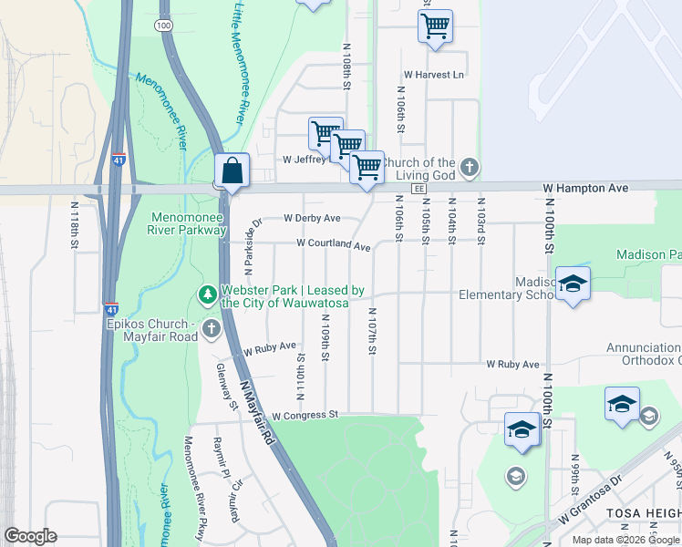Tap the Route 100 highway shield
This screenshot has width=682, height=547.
(164, 26)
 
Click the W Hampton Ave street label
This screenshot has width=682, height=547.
(585, 188)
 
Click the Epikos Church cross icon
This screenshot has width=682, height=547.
(212, 327)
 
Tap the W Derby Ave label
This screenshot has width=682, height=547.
(312, 218)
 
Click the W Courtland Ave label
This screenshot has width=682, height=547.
(333, 246)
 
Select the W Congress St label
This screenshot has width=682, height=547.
(305, 415)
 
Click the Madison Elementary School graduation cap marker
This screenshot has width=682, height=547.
(573, 284)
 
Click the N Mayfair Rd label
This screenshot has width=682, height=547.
(256, 411)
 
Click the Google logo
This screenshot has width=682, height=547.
(30, 535)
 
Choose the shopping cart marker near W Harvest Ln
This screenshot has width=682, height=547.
(435, 26)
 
